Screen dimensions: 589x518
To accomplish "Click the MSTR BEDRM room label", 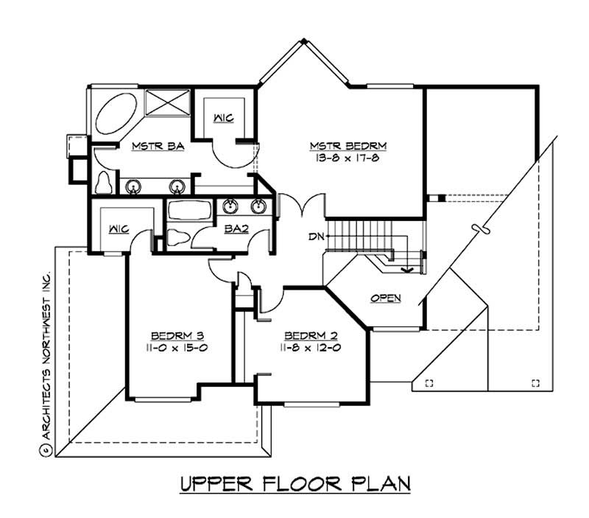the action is [x=348, y=145].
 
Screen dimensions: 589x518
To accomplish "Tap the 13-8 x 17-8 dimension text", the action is [x=348, y=158].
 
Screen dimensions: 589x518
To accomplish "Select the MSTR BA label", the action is [x=158, y=146].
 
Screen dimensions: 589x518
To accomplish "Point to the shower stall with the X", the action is [x=168, y=102].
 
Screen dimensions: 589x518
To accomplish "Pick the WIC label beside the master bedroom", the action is [x=224, y=118].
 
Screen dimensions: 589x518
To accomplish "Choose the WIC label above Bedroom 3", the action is [x=119, y=228].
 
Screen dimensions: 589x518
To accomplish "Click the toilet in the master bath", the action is [x=103, y=183].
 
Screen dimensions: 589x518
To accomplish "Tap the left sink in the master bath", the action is [x=133, y=186].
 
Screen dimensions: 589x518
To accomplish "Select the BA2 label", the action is [x=236, y=228].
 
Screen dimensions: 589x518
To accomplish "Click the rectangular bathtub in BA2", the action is [x=190, y=211].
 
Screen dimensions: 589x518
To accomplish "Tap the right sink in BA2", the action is [x=258, y=206].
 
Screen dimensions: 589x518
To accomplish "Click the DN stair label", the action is [x=316, y=237].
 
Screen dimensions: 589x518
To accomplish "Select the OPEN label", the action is [x=386, y=298].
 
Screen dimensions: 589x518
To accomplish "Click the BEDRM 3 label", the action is [x=177, y=335].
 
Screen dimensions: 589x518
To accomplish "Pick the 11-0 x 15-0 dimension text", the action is [x=177, y=348].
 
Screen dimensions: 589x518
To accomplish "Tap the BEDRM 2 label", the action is [x=311, y=335].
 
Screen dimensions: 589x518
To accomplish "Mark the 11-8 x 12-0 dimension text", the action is [x=310, y=348].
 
